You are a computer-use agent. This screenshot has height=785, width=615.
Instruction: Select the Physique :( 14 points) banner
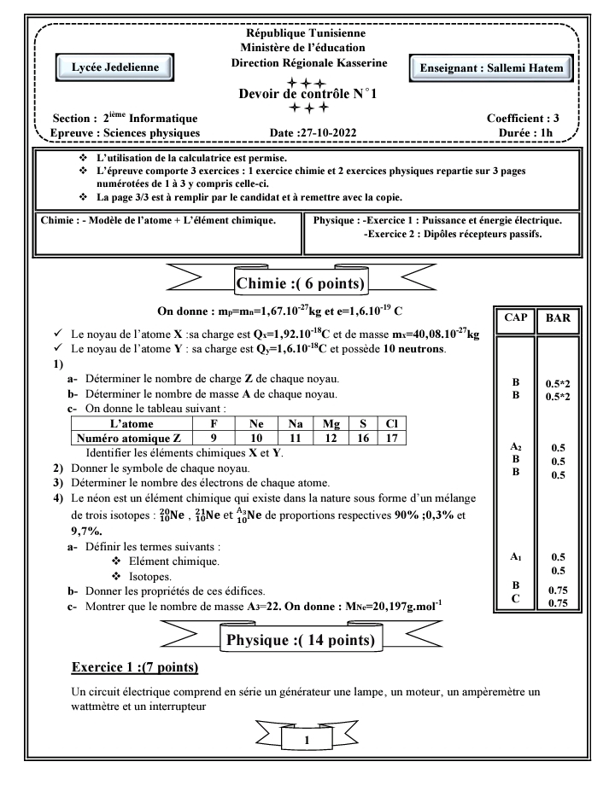click(x=306, y=638)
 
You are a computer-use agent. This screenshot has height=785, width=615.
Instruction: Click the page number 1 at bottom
click(x=307, y=741)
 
